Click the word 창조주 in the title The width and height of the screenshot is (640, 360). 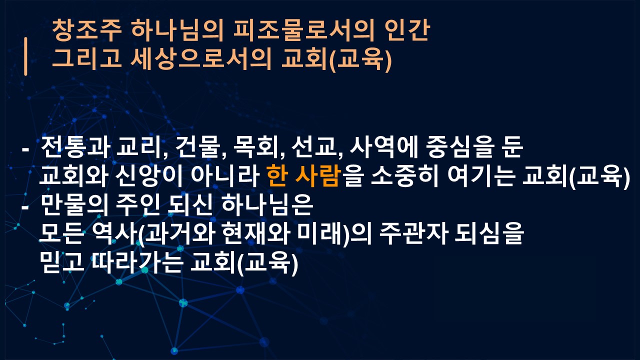click(x=87, y=30)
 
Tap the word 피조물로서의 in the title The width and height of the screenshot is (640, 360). click(x=303, y=30)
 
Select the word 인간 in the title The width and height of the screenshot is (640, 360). click(x=407, y=30)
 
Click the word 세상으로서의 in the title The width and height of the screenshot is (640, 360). click(x=200, y=59)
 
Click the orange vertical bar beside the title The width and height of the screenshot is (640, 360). click(x=25, y=56)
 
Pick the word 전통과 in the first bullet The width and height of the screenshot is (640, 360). click(x=75, y=147)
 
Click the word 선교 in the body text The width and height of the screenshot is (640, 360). click(x=314, y=147)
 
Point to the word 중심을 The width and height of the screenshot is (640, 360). click(x=460, y=147)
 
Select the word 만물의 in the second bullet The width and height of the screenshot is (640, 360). click(x=75, y=205)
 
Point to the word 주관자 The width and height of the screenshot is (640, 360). click(x=413, y=233)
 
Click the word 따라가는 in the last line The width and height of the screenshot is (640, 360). click(x=137, y=262)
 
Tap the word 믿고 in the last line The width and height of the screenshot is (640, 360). click(x=61, y=262)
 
